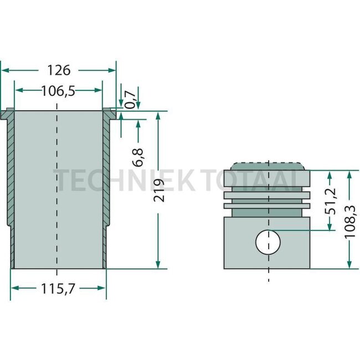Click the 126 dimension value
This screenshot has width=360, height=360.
59,70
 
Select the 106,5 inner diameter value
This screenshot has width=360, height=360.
58,91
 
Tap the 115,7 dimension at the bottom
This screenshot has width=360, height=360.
58,289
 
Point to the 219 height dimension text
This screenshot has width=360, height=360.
160,191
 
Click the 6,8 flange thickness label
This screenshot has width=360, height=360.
138,157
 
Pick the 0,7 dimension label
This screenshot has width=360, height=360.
130,100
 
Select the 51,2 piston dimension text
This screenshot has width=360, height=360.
331,201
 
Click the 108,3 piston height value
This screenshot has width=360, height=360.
351,222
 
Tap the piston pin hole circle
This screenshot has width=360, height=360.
268,241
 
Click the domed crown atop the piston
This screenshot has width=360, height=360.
268,167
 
